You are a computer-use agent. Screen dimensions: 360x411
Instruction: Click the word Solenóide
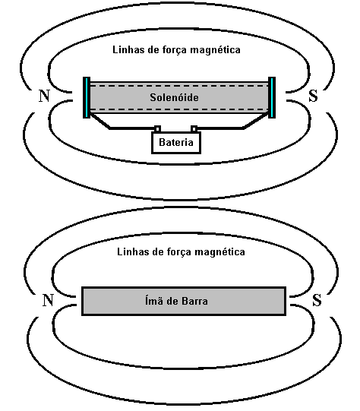click(x=174, y=97)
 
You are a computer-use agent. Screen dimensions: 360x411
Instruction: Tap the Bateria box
click(x=176, y=142)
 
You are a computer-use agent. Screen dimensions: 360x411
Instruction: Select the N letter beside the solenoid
click(x=44, y=96)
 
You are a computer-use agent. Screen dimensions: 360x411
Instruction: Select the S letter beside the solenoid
click(x=314, y=96)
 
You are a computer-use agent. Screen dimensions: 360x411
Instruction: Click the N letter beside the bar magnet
click(x=48, y=300)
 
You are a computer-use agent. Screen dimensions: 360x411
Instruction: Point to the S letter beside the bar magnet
click(x=317, y=300)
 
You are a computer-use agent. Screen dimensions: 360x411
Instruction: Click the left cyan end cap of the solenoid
click(x=87, y=97)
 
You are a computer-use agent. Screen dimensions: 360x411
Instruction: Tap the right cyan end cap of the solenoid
click(x=272, y=97)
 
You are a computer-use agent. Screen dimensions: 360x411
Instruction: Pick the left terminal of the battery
click(x=157, y=129)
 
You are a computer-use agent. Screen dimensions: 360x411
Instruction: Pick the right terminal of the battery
click(x=194, y=129)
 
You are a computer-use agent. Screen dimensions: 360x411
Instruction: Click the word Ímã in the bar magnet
click(x=153, y=300)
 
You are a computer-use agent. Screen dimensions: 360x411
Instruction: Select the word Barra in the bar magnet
click(x=194, y=301)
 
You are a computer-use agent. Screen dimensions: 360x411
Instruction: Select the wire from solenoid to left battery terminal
click(x=110, y=128)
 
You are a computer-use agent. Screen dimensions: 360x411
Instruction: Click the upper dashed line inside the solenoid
click(x=179, y=85)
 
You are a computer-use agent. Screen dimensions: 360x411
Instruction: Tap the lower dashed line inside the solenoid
click(x=179, y=109)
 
